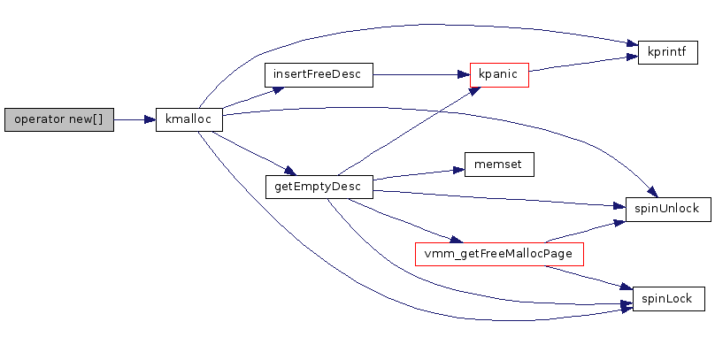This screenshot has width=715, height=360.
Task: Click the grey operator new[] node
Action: [59, 120]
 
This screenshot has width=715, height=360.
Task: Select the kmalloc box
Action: [188, 120]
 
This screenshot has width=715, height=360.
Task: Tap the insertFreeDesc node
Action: [318, 74]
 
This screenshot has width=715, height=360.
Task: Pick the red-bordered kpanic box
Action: [499, 74]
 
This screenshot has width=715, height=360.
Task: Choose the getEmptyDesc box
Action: [318, 187]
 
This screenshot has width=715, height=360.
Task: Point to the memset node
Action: [499, 165]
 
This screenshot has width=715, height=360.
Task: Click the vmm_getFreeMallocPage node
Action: [499, 254]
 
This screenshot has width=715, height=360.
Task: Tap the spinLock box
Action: [668, 299]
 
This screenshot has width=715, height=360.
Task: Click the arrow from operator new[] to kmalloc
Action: [135, 120]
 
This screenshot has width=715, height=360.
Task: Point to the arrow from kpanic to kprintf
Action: [580, 63]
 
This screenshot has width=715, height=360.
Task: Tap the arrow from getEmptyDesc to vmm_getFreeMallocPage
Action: [403, 220]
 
